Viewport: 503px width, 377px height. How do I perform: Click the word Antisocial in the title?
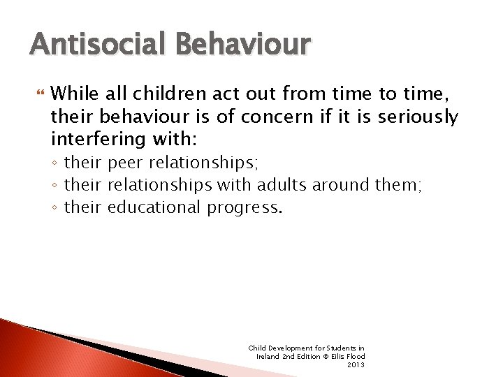(x=89, y=44)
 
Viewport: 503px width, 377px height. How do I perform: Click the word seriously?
(x=418, y=117)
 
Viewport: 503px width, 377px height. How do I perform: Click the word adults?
(x=282, y=185)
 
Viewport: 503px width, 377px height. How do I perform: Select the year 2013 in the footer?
(x=356, y=365)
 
